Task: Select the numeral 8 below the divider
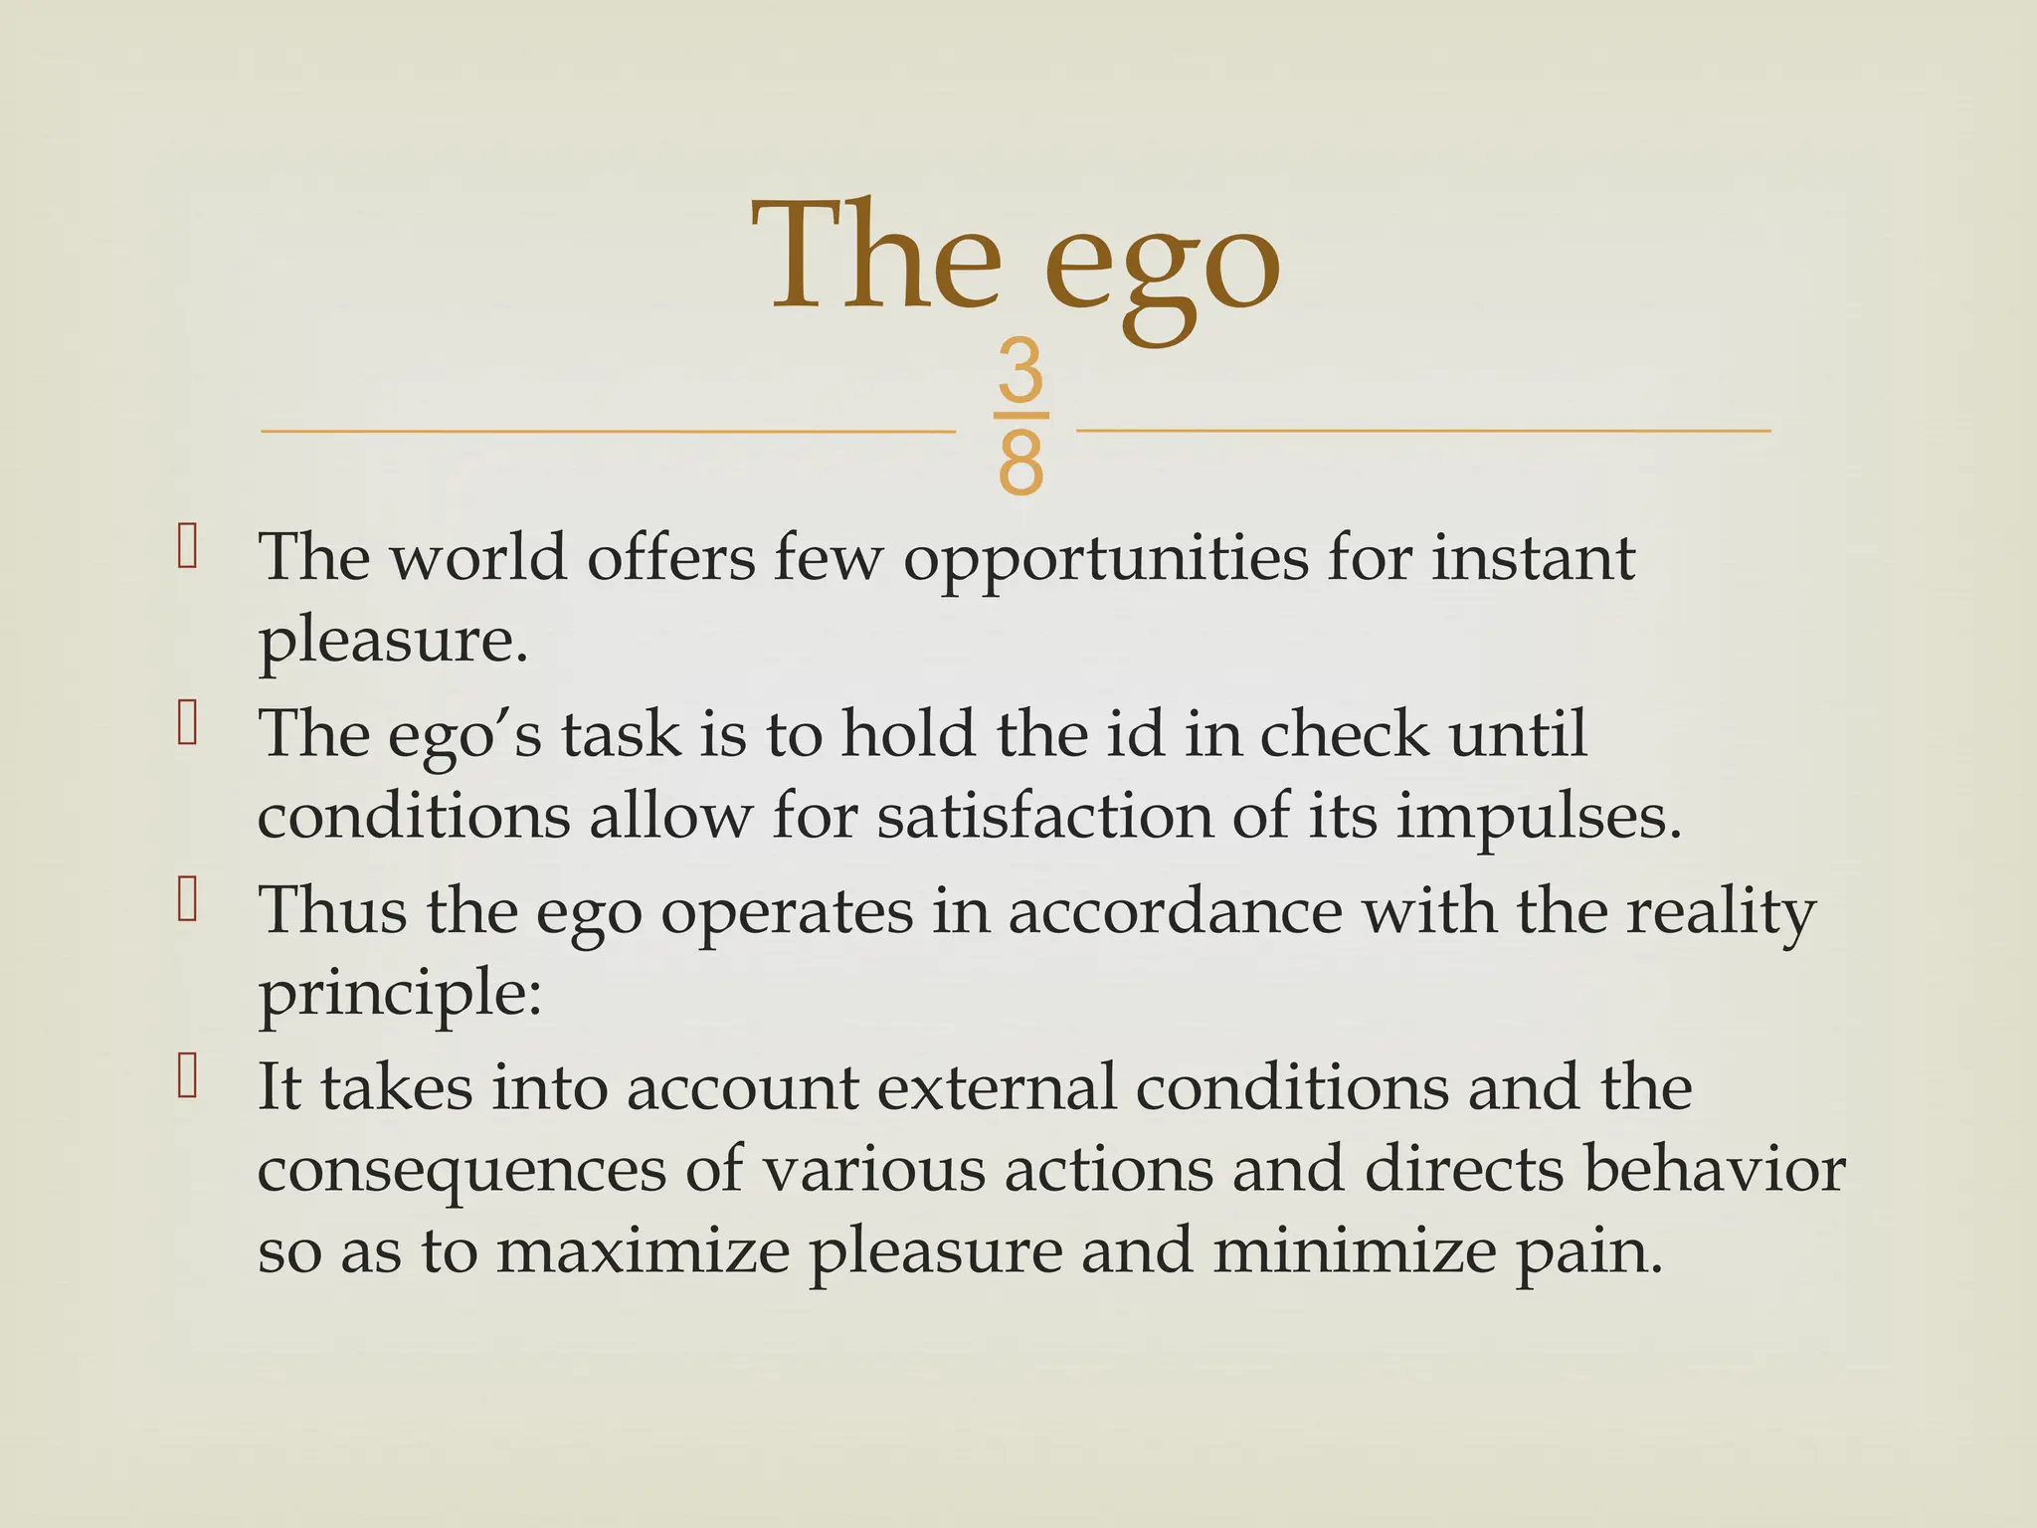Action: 1020,464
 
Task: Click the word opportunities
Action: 1106,561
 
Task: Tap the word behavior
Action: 1714,1170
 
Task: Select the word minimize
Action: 1354,1251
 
